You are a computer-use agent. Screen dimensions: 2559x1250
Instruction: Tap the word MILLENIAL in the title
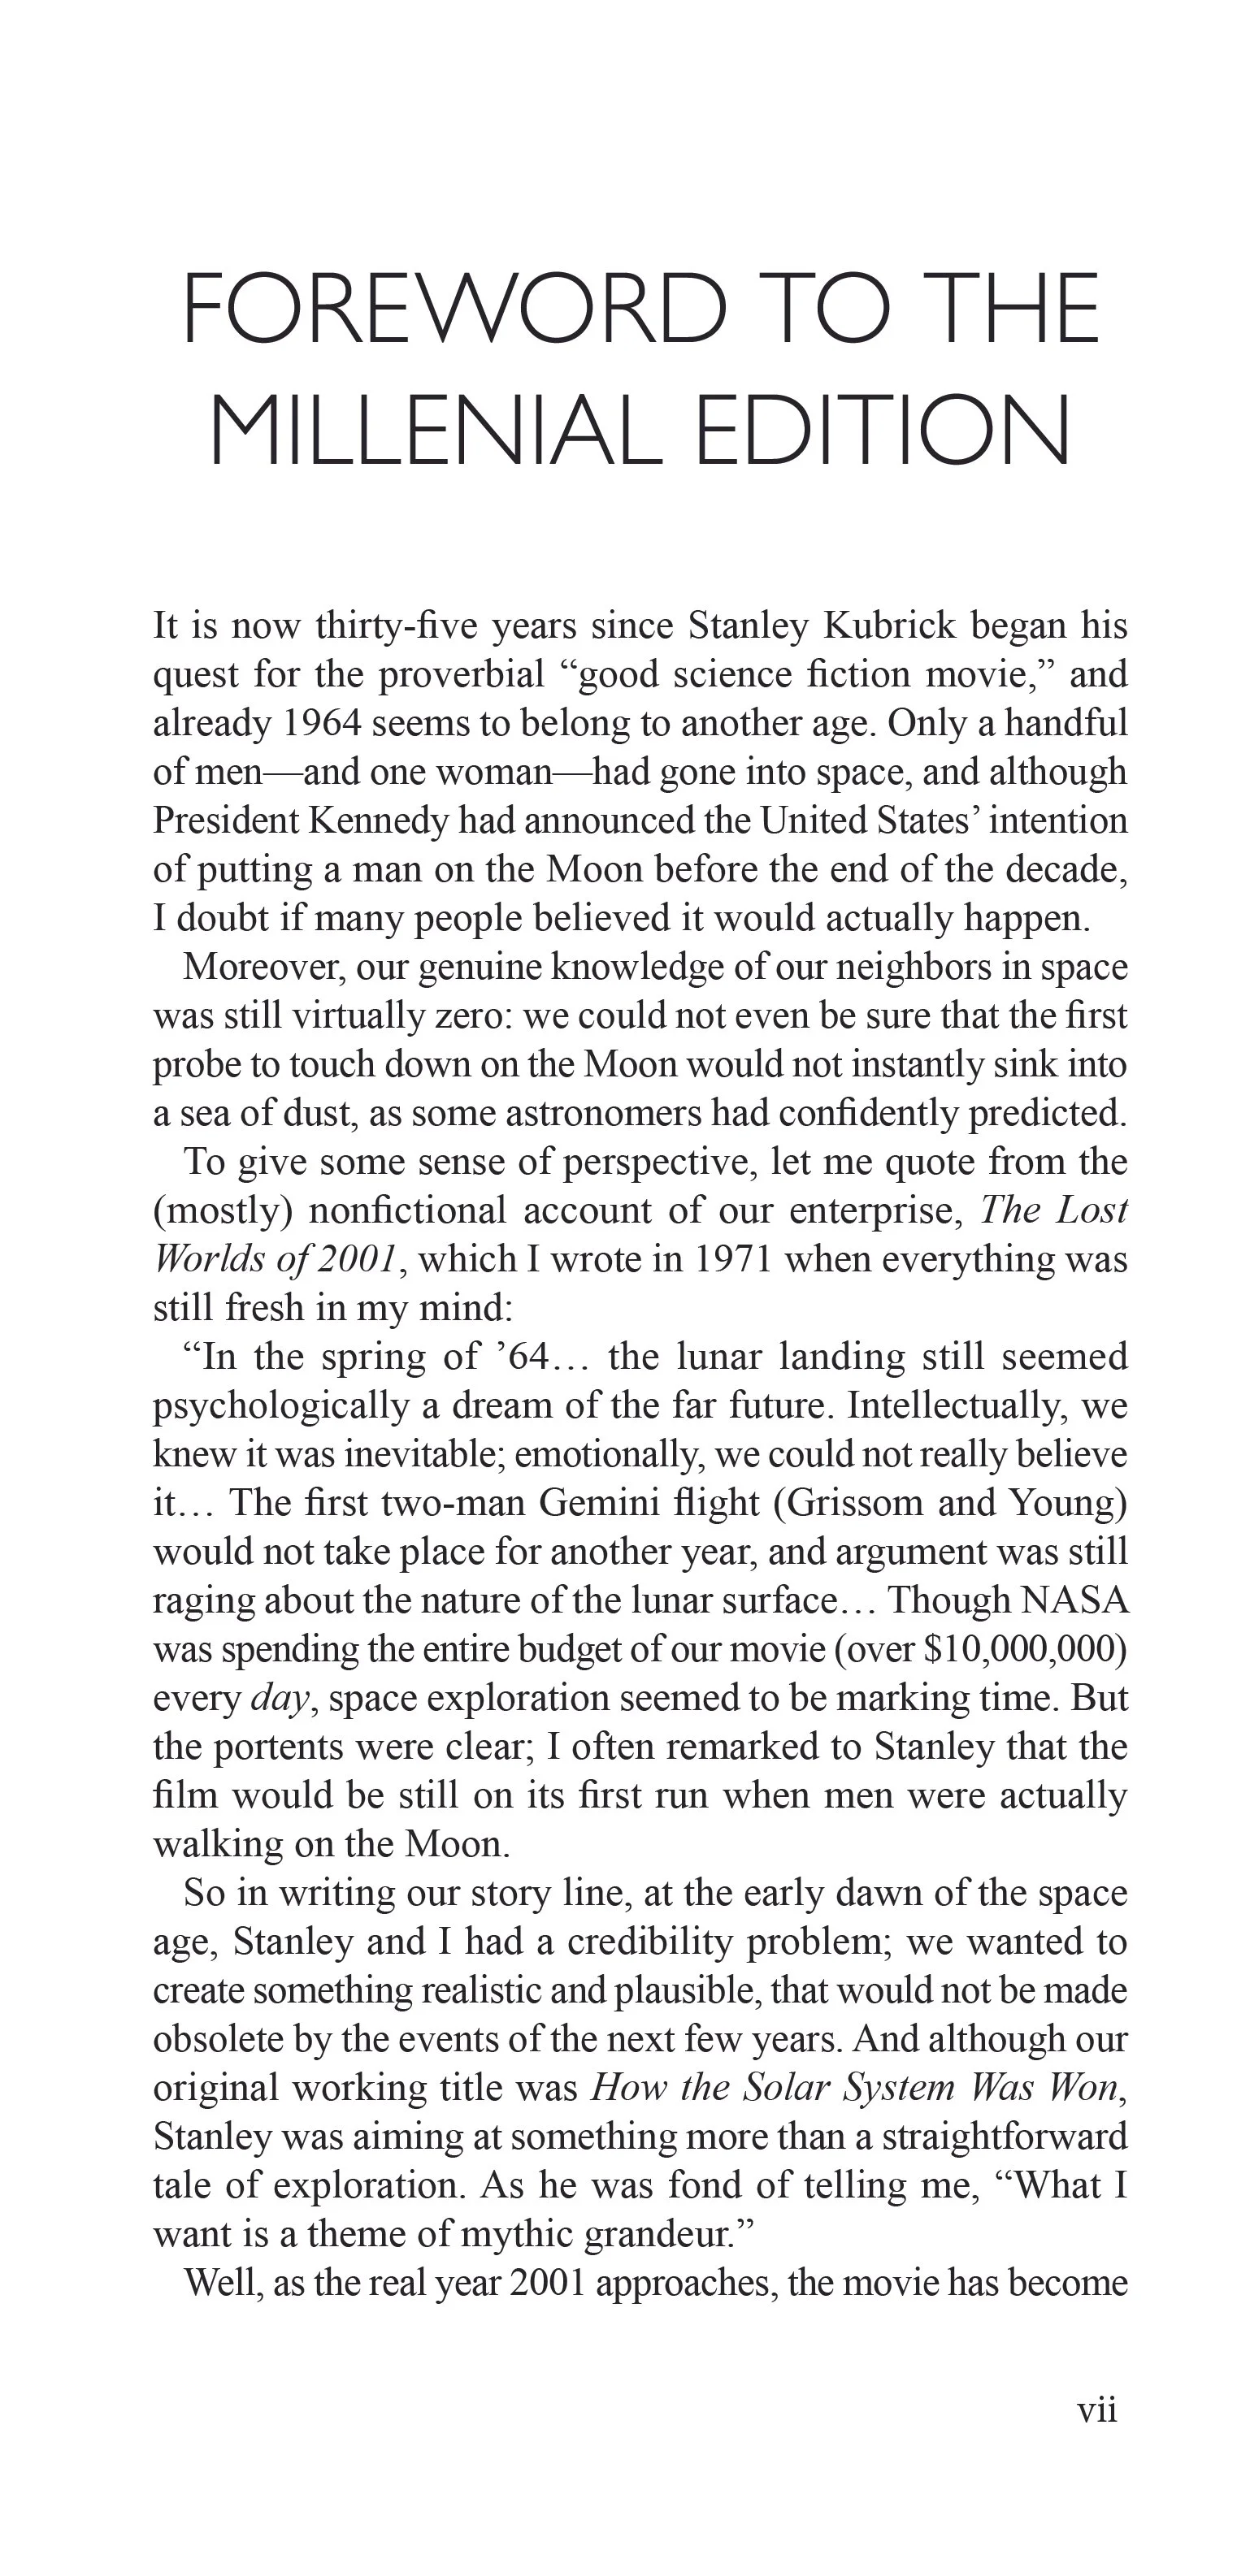coord(435,432)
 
